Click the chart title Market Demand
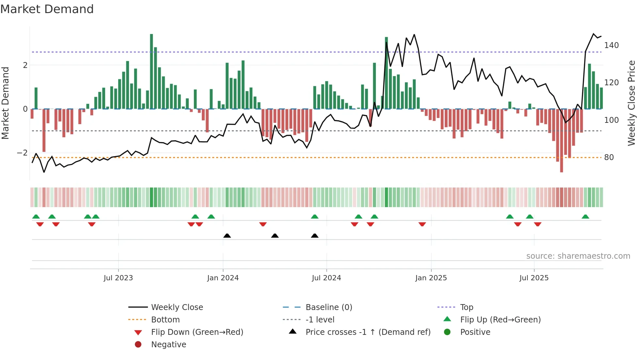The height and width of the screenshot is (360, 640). (x=47, y=9)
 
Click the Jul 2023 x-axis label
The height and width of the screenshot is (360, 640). (x=118, y=278)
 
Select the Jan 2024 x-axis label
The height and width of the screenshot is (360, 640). (x=223, y=278)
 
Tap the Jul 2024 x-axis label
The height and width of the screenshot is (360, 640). (x=326, y=278)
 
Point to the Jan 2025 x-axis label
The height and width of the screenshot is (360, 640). (x=431, y=278)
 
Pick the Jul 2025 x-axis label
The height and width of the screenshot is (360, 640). (x=534, y=278)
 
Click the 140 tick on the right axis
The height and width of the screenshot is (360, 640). (x=611, y=45)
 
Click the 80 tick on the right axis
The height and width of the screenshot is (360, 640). (x=609, y=157)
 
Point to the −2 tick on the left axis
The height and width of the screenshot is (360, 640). (x=22, y=153)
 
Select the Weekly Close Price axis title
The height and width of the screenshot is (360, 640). (x=632, y=103)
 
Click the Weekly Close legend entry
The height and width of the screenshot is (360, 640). (x=177, y=307)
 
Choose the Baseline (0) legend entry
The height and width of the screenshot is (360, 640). (x=328, y=307)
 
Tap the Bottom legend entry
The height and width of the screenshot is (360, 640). (x=165, y=320)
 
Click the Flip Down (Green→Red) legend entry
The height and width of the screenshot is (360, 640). (x=197, y=332)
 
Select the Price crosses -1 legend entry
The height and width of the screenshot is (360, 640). (x=368, y=332)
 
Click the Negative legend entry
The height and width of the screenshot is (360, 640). (x=168, y=345)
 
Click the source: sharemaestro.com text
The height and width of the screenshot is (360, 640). (x=578, y=256)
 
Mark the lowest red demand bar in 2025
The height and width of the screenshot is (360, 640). (x=561, y=140)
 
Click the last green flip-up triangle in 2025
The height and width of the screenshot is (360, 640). (x=585, y=217)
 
